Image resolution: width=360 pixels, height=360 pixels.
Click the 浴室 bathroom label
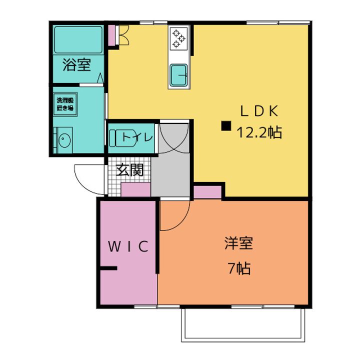[76, 64]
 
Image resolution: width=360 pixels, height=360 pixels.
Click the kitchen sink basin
[178, 76]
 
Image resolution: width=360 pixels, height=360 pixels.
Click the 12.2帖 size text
[259, 132]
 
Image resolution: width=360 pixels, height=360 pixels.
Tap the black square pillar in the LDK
[226, 126]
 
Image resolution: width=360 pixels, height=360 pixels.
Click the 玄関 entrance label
[130, 170]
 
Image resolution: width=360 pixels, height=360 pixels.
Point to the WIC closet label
[128, 246]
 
